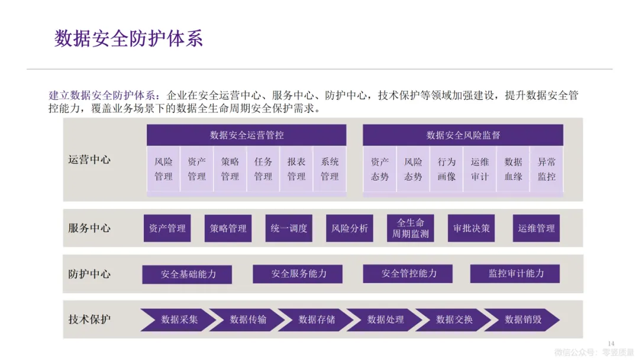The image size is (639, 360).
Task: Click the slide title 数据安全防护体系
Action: coord(128,38)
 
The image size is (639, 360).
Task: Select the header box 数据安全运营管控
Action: coord(247,135)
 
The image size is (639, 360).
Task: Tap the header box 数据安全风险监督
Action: coord(463,135)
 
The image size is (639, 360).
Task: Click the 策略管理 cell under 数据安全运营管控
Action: coord(230,169)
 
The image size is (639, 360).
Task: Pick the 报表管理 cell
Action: coord(296,169)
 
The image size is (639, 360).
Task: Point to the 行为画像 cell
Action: coord(447,169)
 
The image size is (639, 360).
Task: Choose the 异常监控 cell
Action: coord(547,169)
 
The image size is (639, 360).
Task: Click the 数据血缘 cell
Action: coord(514,169)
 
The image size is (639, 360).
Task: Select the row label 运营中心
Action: coord(89,160)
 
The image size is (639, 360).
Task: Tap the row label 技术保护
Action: coord(89,320)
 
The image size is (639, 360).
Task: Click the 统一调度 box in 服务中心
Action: coord(289,229)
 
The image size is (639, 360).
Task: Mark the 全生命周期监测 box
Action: coord(411,229)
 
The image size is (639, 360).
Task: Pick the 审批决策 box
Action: coord(472,229)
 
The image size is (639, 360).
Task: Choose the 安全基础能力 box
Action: coord(188,274)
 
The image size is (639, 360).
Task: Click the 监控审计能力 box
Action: coord(515,274)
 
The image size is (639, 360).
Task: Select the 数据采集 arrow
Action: coord(176,320)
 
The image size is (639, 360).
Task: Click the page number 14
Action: coord(612,344)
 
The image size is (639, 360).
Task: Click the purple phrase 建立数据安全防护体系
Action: coord(103,95)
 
